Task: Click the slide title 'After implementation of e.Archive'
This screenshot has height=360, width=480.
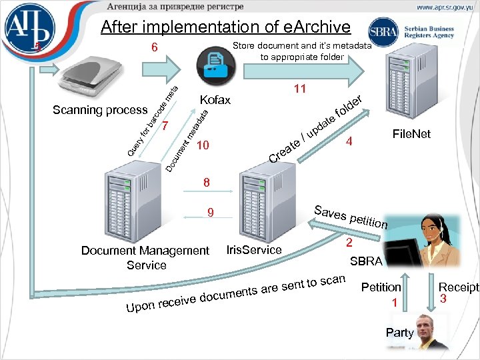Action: tap(225, 27)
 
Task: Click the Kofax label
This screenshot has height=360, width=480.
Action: tap(215, 100)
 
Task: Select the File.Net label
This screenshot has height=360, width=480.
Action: tap(411, 135)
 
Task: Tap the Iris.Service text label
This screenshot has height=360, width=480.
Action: tap(254, 250)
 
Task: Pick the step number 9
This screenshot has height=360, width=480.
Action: tap(210, 214)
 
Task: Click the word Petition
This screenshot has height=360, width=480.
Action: tap(381, 287)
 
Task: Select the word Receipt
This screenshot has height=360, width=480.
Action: tap(458, 287)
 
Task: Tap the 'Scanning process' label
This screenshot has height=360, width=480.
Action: tap(100, 110)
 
